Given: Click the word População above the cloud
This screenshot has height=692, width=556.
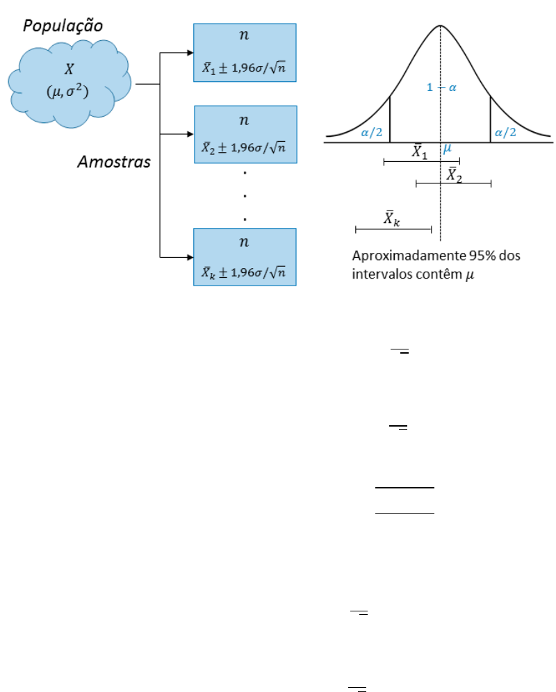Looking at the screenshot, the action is tap(63, 26).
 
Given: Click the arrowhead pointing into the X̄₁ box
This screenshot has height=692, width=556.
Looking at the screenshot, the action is tap(189, 53).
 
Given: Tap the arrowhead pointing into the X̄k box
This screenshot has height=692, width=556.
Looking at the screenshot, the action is tap(189, 257).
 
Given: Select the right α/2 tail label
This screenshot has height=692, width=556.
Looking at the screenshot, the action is tap(505, 133).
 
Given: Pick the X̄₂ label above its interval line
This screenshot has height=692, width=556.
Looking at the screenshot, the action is tap(455, 174).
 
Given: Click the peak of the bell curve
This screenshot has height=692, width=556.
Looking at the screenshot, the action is tap(441, 26).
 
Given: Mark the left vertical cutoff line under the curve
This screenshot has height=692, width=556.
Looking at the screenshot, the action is tap(390, 120).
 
